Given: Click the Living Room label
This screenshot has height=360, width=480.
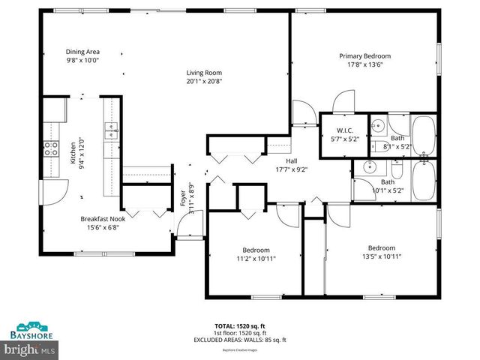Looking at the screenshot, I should click(204, 73).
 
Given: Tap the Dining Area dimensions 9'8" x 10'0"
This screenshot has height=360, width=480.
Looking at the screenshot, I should click(82, 60).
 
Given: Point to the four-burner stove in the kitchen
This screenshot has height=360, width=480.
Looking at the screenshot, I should click(52, 148).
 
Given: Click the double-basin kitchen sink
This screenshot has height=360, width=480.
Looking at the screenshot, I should click(111, 132).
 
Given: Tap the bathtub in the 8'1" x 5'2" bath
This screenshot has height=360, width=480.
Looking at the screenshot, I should click(424, 135).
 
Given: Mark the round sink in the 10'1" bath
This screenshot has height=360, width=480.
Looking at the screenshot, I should click(368, 167).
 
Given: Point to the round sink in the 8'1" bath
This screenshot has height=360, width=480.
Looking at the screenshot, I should click(379, 126).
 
